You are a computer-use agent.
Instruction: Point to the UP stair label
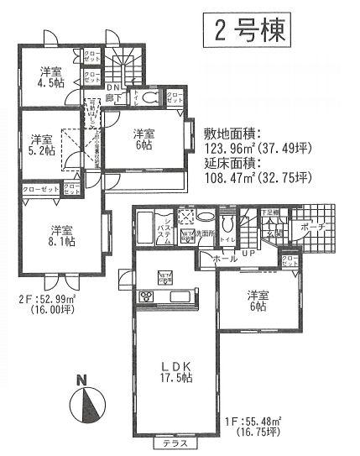(248, 253)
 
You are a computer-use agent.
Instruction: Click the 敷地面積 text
(234, 133)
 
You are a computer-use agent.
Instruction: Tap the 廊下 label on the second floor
(112, 99)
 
